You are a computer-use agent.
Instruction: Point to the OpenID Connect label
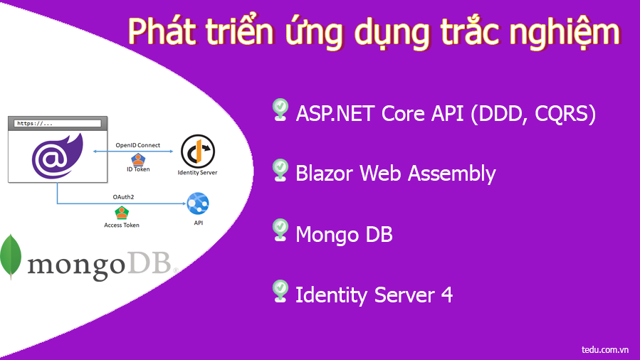pos(138,145)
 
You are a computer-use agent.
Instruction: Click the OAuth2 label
pos(122,197)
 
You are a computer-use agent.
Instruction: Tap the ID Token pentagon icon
pos(138,159)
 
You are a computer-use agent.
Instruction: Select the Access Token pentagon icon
pos(122,212)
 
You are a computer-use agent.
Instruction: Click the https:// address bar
pos(57,123)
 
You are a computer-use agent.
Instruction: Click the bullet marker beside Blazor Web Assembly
pos(280,169)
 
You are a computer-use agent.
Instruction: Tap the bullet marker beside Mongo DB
pos(280,230)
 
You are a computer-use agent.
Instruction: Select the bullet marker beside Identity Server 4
pos(280,290)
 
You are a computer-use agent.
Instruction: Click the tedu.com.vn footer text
pos(604,349)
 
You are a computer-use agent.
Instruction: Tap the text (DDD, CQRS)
pos(533,114)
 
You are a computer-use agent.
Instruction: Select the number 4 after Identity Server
pos(446,295)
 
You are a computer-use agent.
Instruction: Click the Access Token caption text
pos(122,225)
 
